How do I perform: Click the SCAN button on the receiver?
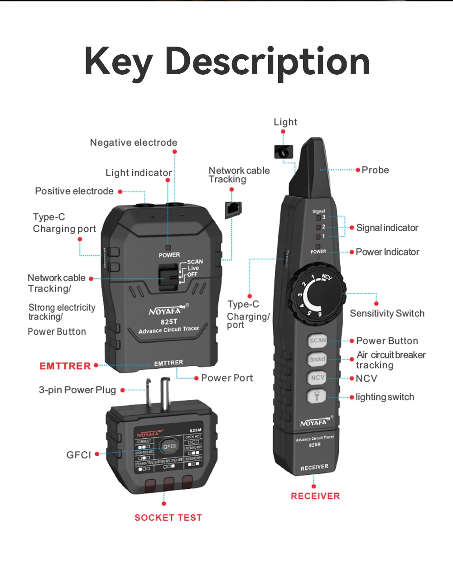point(318,341)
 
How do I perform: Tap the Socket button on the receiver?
point(318,359)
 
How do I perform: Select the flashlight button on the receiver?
point(317,396)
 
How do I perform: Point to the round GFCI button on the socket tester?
point(169,446)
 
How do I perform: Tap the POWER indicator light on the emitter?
point(169,248)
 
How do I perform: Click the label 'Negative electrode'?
point(134,143)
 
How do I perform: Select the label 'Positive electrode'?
point(74,191)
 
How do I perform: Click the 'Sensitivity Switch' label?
point(387,313)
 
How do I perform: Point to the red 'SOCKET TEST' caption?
point(168,517)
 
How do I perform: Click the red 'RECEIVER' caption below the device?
point(315,496)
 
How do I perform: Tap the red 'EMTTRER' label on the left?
point(65,366)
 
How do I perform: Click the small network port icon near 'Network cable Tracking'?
point(233,210)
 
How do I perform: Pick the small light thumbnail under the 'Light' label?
point(284,152)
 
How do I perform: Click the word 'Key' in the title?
point(119,62)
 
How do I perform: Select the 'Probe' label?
point(375,170)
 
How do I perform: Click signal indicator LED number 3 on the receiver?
point(318,218)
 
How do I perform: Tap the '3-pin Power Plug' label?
point(77,390)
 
